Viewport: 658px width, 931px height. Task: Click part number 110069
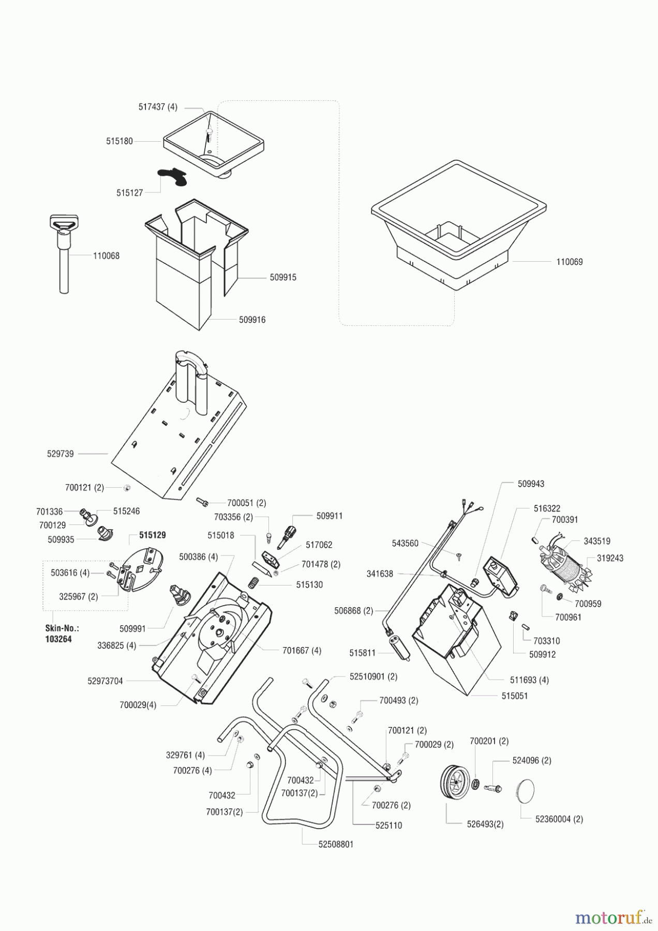(x=569, y=262)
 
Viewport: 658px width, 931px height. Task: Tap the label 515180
(x=119, y=141)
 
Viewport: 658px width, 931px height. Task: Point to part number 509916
(x=252, y=320)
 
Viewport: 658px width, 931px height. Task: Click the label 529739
(x=60, y=454)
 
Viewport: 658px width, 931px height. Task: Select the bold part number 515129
(x=153, y=535)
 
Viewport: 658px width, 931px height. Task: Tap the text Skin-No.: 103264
(x=58, y=634)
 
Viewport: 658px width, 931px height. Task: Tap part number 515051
(x=514, y=696)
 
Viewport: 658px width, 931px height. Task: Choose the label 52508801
(x=336, y=844)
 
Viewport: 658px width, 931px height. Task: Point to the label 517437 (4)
(x=158, y=107)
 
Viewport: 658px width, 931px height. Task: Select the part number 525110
(x=388, y=825)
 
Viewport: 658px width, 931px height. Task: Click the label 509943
(x=531, y=484)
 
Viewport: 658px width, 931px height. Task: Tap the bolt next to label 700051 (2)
(x=202, y=501)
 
